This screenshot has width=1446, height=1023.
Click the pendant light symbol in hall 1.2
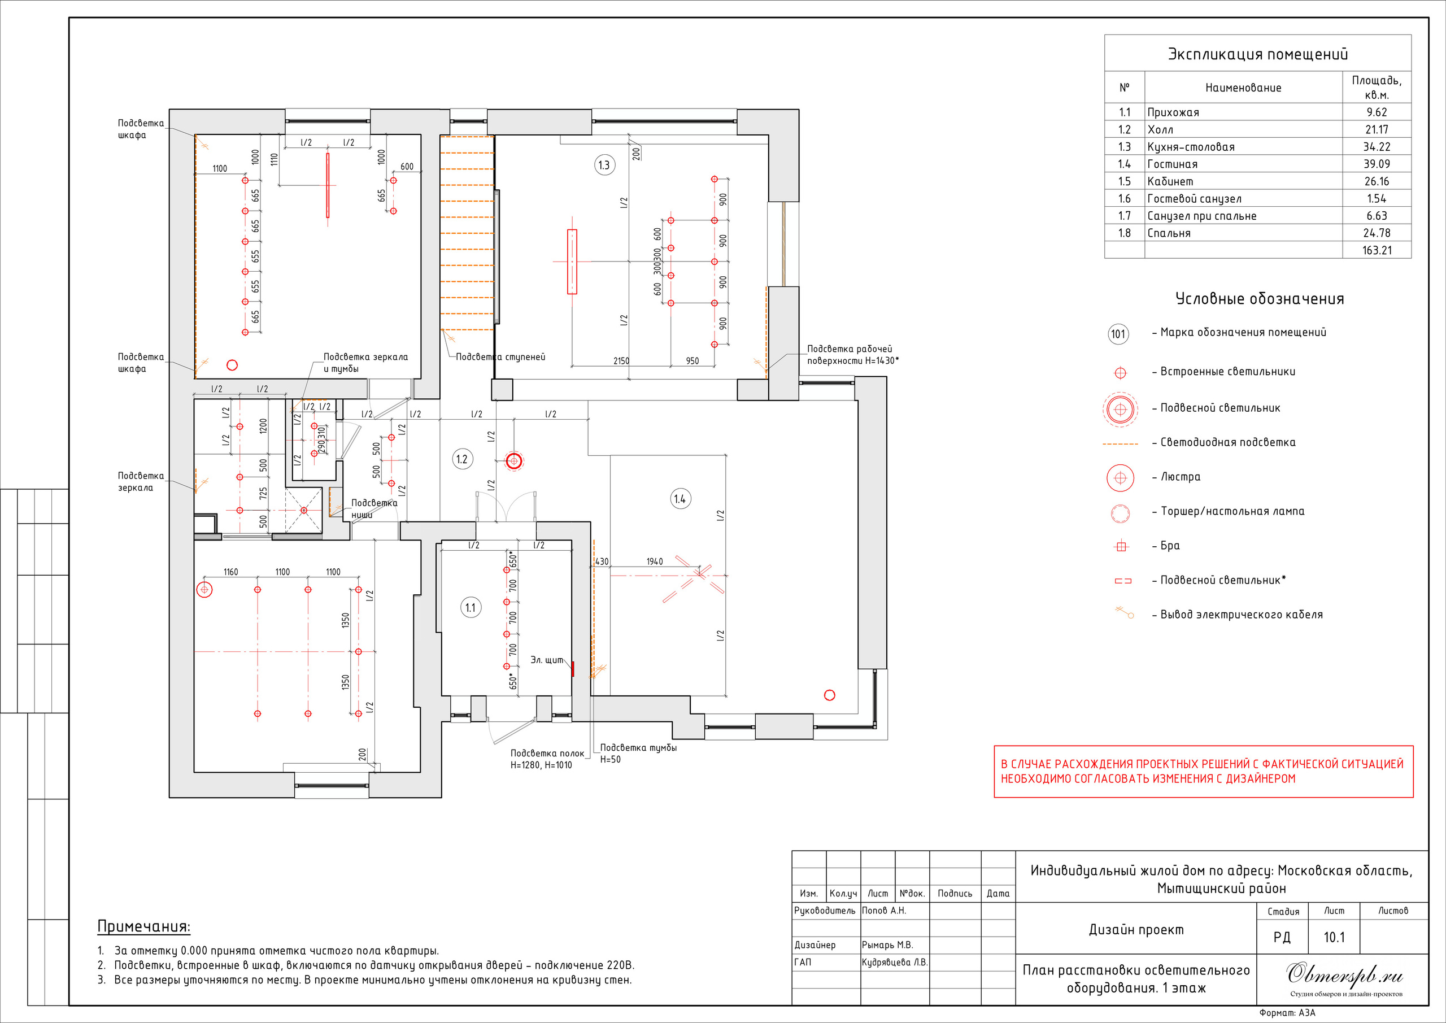pyautogui.click(x=514, y=461)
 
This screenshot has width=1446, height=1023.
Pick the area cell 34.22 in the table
pyautogui.click(x=1377, y=147)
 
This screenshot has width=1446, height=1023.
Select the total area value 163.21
pyautogui.click(x=1377, y=250)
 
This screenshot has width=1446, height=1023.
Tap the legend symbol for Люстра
pyautogui.click(x=1121, y=477)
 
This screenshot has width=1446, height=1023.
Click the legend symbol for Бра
pyautogui.click(x=1121, y=546)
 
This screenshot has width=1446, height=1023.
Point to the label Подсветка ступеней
pyautogui.click(x=500, y=356)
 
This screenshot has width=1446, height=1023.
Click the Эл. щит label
pyautogui.click(x=547, y=660)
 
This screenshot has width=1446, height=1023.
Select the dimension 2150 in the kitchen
pyautogui.click(x=621, y=361)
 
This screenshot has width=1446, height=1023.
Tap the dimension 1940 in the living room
pyautogui.click(x=654, y=561)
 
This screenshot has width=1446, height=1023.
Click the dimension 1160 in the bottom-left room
pyautogui.click(x=230, y=572)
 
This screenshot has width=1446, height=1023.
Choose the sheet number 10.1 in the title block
pyautogui.click(x=1334, y=937)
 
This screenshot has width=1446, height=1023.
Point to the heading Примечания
pyautogui.click(x=143, y=926)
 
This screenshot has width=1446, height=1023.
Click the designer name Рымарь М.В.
pyautogui.click(x=887, y=945)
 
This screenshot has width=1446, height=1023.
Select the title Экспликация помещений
pyautogui.click(x=1258, y=54)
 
